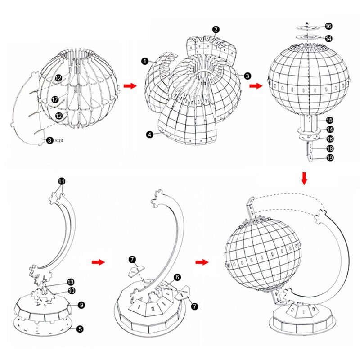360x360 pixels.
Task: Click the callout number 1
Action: point(144,61)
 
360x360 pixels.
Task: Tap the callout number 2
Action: point(216,30)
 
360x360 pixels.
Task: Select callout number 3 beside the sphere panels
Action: point(247,76)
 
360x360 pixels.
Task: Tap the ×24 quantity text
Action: point(58,141)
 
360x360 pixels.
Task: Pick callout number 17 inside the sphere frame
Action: point(54,99)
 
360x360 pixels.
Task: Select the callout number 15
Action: point(329,120)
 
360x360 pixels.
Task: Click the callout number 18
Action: point(329,148)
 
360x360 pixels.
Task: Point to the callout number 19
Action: point(329,158)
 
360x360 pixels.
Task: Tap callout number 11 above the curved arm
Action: point(62,181)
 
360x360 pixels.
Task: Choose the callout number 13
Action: point(71,282)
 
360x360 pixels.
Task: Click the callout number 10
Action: point(71,291)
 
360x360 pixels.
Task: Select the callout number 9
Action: point(81,305)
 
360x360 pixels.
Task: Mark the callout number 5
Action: point(80,329)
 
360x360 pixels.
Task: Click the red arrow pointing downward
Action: point(305,178)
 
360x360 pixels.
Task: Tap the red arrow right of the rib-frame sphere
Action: point(130,86)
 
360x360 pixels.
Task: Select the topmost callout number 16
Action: point(328,27)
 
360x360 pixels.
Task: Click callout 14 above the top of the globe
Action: point(328,39)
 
